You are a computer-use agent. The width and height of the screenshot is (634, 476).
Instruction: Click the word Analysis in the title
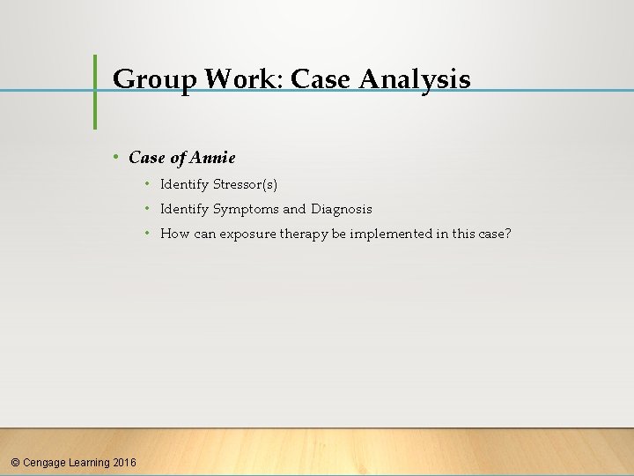(415, 80)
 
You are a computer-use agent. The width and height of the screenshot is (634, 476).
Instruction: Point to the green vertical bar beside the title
(95, 92)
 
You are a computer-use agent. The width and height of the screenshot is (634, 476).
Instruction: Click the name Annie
(213, 158)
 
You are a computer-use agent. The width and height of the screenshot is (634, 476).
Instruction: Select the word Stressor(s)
(245, 184)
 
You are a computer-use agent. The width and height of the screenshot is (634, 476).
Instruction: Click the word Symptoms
(246, 209)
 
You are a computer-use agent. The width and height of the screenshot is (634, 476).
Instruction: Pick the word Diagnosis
(341, 209)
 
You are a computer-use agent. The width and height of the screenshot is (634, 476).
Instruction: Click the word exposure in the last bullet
(247, 234)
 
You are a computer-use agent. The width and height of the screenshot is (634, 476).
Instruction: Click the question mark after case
(507, 234)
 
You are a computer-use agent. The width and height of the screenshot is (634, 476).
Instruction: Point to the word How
(174, 234)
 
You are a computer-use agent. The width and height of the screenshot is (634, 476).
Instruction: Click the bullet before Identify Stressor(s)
(148, 184)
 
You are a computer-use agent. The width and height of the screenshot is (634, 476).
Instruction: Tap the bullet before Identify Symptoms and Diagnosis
(148, 209)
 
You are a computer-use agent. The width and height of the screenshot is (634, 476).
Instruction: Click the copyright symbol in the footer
(15, 462)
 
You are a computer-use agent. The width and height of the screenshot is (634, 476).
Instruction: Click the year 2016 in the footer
(125, 462)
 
